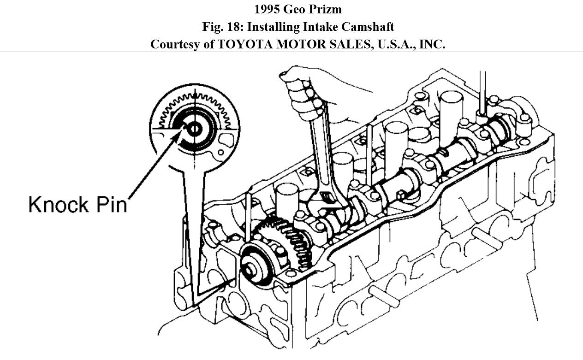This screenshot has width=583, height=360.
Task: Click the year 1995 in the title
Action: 267,9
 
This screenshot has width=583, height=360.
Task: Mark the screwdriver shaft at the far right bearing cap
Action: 482,92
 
